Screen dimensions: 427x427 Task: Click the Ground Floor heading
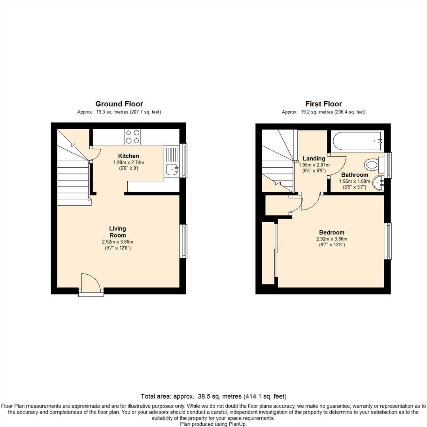pyautogui.click(x=119, y=104)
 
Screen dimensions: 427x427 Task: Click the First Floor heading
pyautogui.click(x=323, y=104)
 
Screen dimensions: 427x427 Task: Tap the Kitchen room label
pyautogui.click(x=128, y=156)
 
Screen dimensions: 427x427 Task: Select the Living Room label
pyautogui.click(x=118, y=232)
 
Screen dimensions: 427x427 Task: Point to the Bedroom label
pyautogui.click(x=332, y=232)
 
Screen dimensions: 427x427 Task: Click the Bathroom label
pyautogui.click(x=355, y=175)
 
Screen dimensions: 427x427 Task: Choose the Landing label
pyautogui.click(x=314, y=159)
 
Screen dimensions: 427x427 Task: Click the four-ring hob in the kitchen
pyautogui.click(x=132, y=137)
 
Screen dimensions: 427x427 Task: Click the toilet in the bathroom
pyautogui.click(x=374, y=165)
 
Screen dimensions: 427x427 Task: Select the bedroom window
pyautogui.click(x=388, y=241)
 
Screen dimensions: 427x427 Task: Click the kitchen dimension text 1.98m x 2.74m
pyautogui.click(x=129, y=162)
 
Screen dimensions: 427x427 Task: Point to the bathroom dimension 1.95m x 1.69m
pyautogui.click(x=355, y=181)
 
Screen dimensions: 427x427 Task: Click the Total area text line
pyautogui.click(x=213, y=396)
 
